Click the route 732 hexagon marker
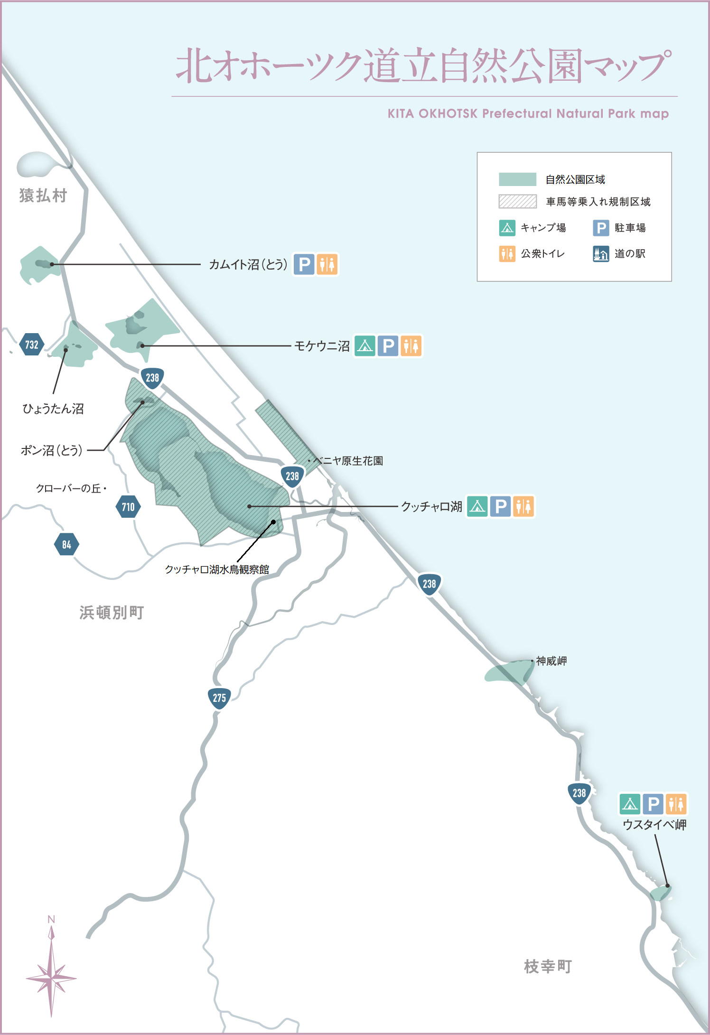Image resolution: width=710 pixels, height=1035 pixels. click(x=32, y=345)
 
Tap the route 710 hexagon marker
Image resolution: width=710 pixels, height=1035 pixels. click(x=128, y=507)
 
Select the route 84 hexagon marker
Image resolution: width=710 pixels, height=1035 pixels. click(x=66, y=544)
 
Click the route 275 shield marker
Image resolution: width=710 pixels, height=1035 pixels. click(x=219, y=698)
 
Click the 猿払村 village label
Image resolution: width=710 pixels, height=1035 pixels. click(x=43, y=196)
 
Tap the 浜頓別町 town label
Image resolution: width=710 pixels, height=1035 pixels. click(x=112, y=613)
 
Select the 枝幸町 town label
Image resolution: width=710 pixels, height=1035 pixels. click(x=548, y=966)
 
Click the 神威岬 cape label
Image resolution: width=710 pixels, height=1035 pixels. click(x=551, y=661)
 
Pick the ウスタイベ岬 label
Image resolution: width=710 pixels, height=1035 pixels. click(x=654, y=825)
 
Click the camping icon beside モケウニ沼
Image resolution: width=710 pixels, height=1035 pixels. click(x=365, y=346)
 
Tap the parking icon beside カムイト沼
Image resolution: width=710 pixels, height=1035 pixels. click(x=304, y=264)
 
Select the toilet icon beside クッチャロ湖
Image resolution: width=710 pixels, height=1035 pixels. click(x=523, y=506)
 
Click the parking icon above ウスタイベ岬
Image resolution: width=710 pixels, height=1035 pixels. click(x=654, y=804)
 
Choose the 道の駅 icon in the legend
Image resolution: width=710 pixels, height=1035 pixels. click(x=601, y=254)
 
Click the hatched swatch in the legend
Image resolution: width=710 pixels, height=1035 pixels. click(x=517, y=202)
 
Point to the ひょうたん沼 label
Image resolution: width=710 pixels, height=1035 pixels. click(x=53, y=409)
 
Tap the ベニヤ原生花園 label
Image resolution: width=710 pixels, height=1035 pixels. click(x=348, y=461)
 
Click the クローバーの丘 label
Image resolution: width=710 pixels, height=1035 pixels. click(x=69, y=488)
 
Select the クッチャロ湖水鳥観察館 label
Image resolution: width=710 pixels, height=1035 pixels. click(x=217, y=569)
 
